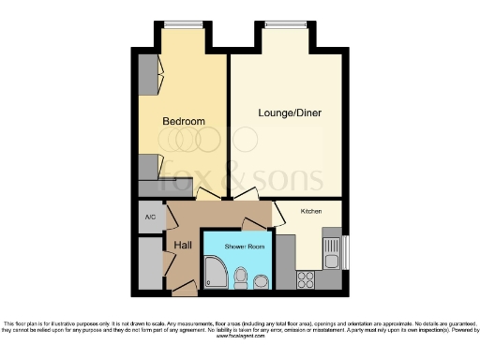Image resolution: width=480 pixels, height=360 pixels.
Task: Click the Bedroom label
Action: point(183,122)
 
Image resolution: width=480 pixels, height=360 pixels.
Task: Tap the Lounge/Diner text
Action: point(288,113)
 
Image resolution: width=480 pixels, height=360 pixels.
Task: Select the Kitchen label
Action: point(311,211)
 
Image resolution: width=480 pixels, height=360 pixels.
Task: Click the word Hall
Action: point(184,245)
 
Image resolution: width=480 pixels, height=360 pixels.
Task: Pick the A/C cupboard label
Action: point(149,217)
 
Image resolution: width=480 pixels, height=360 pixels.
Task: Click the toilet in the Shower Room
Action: point(241,277)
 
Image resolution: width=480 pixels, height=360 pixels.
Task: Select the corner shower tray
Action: point(215,275)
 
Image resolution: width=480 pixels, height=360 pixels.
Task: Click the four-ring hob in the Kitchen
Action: point(307,277)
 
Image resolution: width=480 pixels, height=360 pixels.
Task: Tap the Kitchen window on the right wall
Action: point(346,251)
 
